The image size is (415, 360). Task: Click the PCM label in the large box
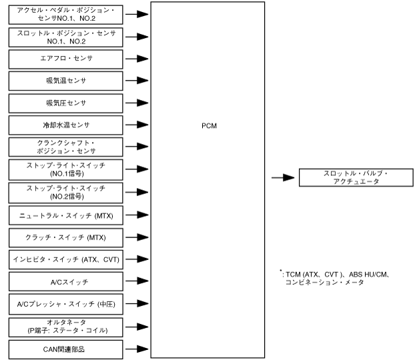tap(209, 125)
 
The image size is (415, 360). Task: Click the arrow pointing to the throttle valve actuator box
tap(284, 177)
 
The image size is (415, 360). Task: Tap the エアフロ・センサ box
tap(65, 58)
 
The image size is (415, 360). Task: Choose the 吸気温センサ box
tap(65, 81)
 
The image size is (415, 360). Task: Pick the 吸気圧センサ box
tap(65, 103)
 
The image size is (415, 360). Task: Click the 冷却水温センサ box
tap(65, 125)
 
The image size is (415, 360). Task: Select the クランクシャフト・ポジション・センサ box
tap(65, 147)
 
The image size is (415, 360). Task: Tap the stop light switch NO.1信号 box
tap(65, 169)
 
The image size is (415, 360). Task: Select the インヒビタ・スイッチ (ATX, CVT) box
tap(65, 259)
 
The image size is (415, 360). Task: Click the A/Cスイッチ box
tap(65, 281)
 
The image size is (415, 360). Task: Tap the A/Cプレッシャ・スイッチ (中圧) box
tap(65, 304)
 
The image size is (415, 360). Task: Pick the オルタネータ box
tap(65, 326)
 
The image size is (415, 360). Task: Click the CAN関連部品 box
tap(65, 349)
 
